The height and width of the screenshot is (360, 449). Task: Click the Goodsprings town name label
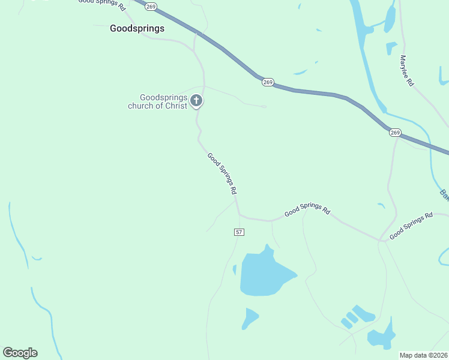click(137, 28)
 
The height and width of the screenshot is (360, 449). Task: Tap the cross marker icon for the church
click(196, 101)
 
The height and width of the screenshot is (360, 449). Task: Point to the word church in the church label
click(140, 106)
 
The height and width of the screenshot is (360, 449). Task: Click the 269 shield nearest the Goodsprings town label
click(151, 6)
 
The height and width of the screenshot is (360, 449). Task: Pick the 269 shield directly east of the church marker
click(268, 82)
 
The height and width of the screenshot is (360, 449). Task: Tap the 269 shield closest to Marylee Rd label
click(394, 132)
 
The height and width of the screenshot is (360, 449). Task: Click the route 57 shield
click(239, 232)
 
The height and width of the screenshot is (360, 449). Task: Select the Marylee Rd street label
click(406, 71)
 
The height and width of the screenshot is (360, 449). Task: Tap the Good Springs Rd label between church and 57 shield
click(222, 173)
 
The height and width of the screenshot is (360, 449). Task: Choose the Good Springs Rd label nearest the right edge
click(411, 226)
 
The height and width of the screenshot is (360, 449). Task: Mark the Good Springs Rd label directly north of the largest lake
click(307, 211)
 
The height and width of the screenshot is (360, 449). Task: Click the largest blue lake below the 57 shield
click(264, 275)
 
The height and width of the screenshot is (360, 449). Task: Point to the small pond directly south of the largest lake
click(249, 317)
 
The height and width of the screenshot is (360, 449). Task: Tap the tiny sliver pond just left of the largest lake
click(234, 269)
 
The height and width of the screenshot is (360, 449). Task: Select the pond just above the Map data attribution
click(382, 337)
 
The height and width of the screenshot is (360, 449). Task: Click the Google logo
click(20, 353)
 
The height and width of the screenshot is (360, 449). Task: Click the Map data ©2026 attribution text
click(424, 355)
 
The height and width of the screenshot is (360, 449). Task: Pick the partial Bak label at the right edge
click(444, 194)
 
